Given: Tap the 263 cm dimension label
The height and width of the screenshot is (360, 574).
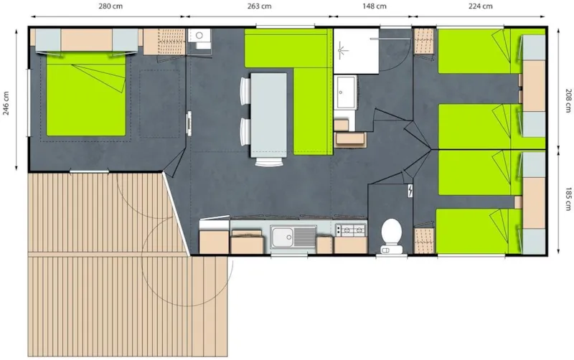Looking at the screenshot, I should [x=258, y=6].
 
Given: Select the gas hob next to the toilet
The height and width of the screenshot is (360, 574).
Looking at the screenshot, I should [x=350, y=229].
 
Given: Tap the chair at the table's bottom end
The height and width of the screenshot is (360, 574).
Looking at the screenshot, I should [x=269, y=161].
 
